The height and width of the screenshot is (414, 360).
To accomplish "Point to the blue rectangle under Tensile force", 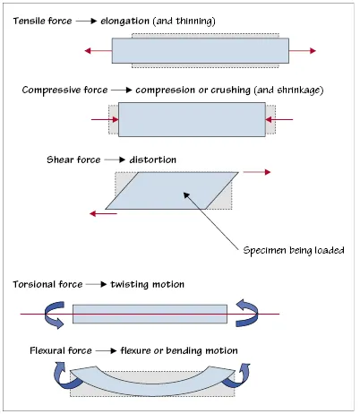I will pyautogui.click(x=201, y=50).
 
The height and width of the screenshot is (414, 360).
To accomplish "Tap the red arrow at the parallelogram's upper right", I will pyautogui.click(x=257, y=170).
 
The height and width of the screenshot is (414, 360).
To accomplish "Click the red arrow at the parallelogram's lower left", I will pyautogui.click(x=103, y=212).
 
